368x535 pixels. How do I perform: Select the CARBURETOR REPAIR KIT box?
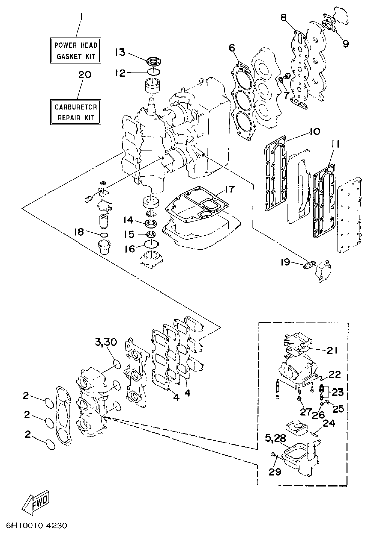[77, 111]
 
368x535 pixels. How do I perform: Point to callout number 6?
[232, 48]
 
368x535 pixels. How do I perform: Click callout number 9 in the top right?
[345, 44]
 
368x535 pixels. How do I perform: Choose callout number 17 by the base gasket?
[230, 190]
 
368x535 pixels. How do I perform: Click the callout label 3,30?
[105, 343]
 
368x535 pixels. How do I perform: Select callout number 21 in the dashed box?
[332, 350]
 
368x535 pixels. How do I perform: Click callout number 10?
[313, 132]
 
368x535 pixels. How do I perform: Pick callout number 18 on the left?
[79, 232]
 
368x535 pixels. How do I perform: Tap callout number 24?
[329, 424]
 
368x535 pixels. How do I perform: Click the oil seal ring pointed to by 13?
[154, 62]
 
